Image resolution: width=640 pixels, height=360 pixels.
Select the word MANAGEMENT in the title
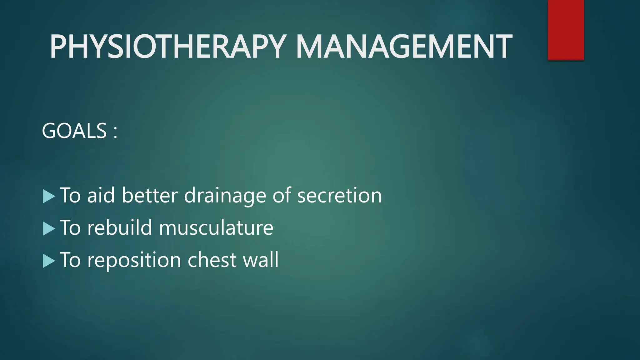coord(404,47)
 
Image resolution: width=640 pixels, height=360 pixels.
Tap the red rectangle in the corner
coord(566,30)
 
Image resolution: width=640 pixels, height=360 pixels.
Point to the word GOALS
coord(74,131)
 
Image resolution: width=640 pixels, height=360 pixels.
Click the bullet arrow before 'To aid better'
coord(48,197)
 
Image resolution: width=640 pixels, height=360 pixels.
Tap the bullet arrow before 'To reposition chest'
coord(48,261)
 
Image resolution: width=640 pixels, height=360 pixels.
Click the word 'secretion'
coord(339,196)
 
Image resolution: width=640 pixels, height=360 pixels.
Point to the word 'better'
coord(150,196)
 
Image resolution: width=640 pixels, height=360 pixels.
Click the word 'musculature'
coord(216,228)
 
